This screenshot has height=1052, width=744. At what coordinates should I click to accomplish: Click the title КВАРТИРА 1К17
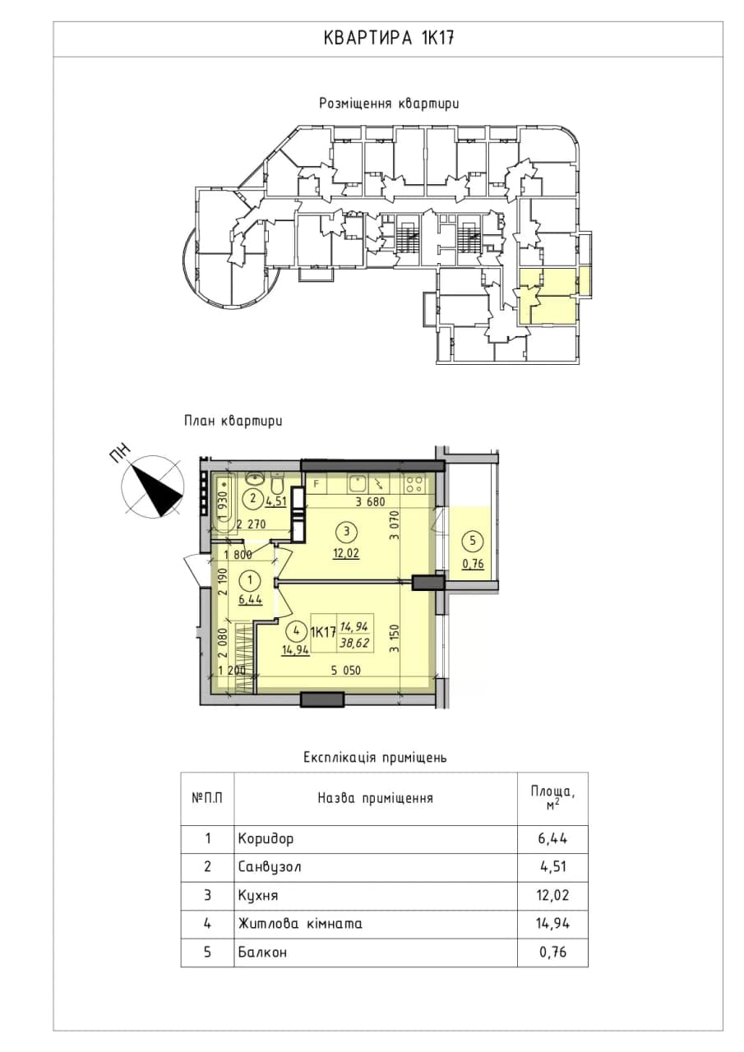pyautogui.click(x=388, y=39)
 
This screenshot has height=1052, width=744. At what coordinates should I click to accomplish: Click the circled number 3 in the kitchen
pyautogui.click(x=347, y=532)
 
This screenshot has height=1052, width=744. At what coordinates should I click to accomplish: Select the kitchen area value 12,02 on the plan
pyautogui.click(x=347, y=553)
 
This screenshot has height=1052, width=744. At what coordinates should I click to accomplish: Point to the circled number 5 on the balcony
pyautogui.click(x=473, y=541)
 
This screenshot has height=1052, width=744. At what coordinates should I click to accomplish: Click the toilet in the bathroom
pyautogui.click(x=277, y=485)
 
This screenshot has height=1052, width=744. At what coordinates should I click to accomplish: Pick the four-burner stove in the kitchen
pyautogui.click(x=414, y=484)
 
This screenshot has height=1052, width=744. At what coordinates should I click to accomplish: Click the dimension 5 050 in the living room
pyautogui.click(x=346, y=670)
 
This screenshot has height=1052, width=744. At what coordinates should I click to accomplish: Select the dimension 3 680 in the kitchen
pyautogui.click(x=370, y=501)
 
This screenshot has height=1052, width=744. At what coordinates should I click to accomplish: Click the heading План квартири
pyautogui.click(x=233, y=421)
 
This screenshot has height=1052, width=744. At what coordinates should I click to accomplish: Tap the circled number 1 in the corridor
pyautogui.click(x=249, y=581)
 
